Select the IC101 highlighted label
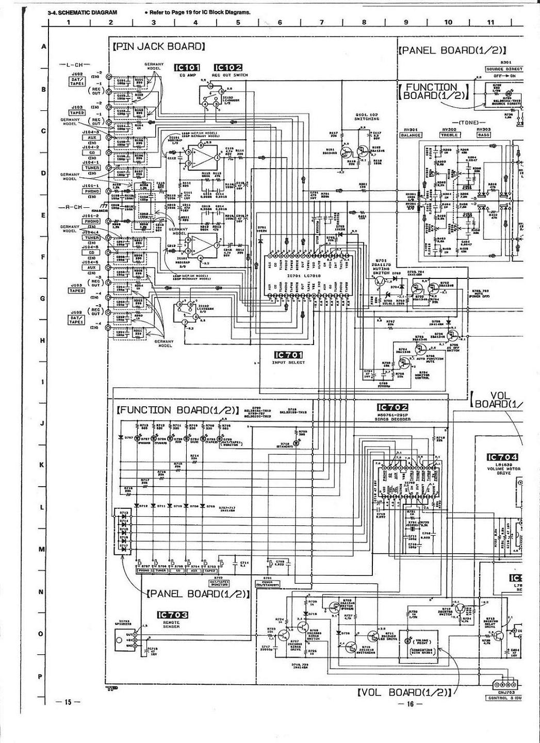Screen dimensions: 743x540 186,68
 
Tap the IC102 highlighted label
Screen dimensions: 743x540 227,68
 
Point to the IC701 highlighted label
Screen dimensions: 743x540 289,355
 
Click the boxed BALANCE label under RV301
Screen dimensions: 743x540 411,135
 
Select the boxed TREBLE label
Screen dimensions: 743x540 449,135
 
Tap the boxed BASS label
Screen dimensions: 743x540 483,135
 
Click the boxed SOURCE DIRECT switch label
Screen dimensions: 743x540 504,69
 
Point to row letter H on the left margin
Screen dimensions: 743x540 43,340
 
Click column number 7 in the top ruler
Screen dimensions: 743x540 322,22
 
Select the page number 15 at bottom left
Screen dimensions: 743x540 68,702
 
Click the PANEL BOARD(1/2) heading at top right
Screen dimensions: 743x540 452,51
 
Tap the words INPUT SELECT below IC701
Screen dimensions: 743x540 288,362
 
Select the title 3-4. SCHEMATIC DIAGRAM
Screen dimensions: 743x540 82,12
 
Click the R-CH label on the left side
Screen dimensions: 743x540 71,214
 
